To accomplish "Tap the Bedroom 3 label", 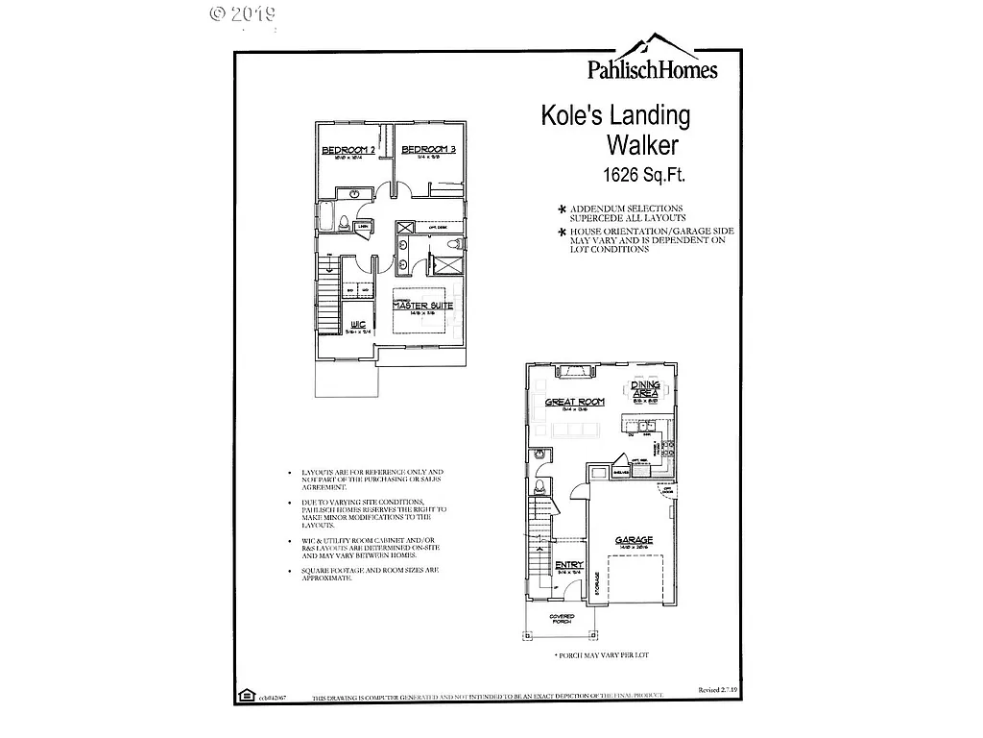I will point(427,151).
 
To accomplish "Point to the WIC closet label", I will point(359,325).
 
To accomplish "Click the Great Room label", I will point(574,403).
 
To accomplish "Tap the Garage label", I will point(634,541).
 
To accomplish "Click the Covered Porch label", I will point(562,619).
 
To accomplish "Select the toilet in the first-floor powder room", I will point(539,484).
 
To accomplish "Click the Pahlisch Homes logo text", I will point(652,68).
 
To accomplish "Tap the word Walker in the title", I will point(642,146).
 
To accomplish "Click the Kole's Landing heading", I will point(615,116).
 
